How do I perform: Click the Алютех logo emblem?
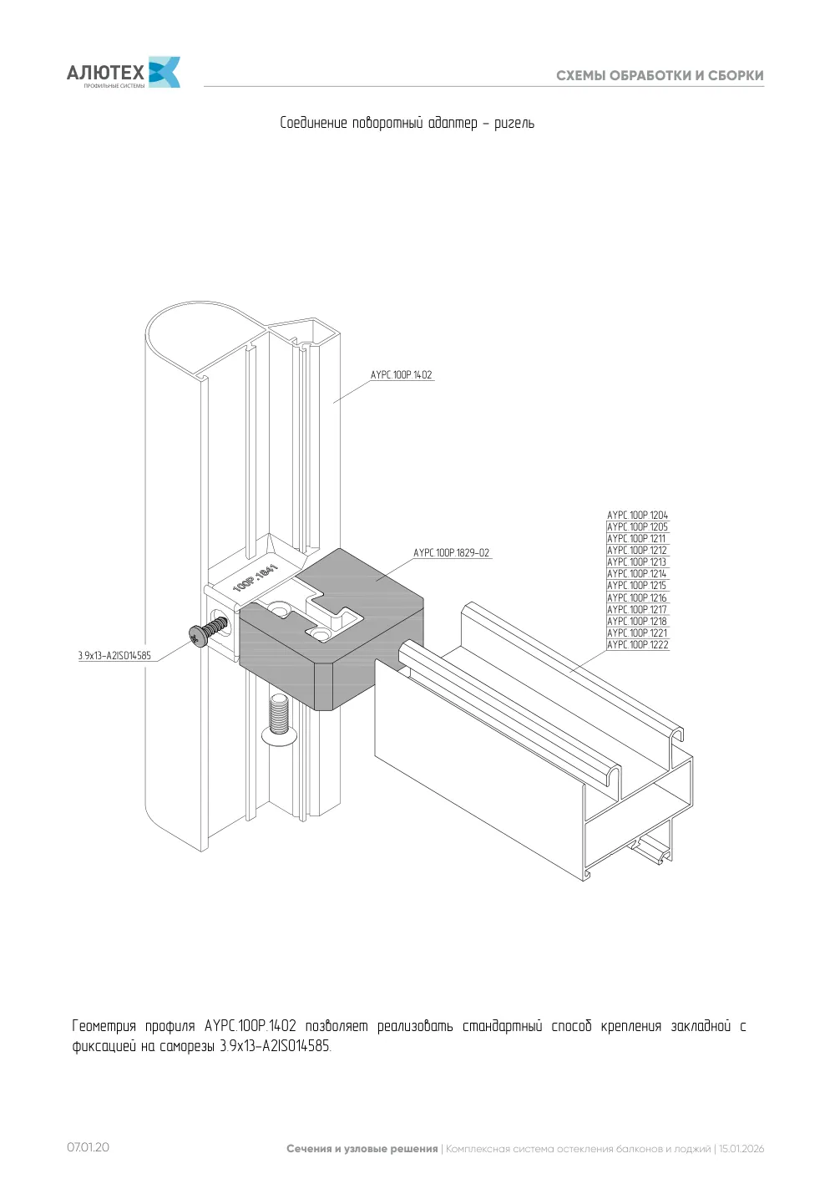coord(164,72)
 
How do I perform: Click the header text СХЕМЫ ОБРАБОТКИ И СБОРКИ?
coord(660,75)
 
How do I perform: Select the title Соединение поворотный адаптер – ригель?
coord(407,123)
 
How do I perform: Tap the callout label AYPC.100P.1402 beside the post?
coord(401,374)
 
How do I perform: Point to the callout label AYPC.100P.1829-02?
coord(451,552)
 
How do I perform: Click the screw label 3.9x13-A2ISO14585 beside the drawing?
coord(114,656)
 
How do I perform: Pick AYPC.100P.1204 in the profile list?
coord(637,515)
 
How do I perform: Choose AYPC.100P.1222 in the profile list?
coord(637,644)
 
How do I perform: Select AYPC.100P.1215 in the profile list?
coord(636,586)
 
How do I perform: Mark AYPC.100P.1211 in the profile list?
coord(636,539)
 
